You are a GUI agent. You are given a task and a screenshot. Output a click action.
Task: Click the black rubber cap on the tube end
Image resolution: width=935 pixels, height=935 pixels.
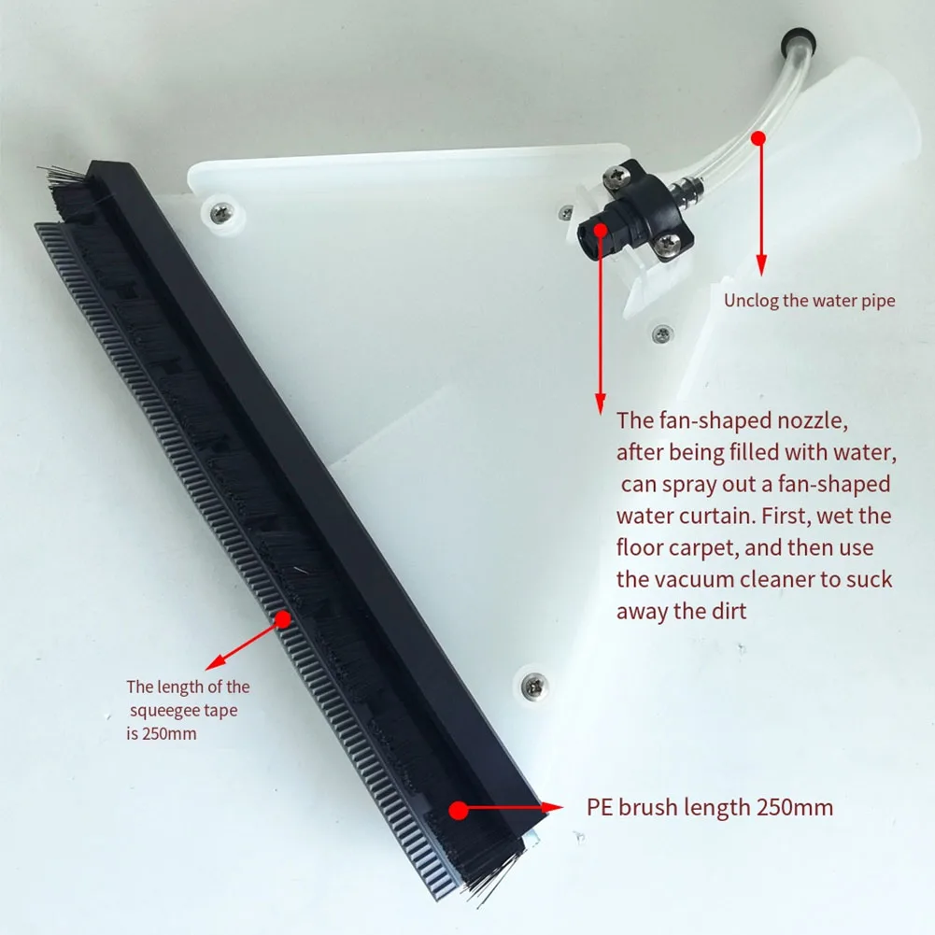point(798,40)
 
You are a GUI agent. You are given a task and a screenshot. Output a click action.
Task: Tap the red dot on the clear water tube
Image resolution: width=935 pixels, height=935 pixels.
point(758,138)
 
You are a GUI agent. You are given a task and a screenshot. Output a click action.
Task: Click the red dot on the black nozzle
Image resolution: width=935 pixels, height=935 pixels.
point(601,230)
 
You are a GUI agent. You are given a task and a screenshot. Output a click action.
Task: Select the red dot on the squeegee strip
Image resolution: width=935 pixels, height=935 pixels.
point(283,619)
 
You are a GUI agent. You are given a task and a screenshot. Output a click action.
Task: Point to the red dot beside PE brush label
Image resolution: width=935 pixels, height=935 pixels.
point(458,810)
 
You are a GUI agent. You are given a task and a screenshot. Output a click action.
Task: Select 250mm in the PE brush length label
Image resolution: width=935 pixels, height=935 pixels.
point(795,807)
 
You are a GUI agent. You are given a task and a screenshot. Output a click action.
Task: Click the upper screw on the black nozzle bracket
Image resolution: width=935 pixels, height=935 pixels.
point(615,176)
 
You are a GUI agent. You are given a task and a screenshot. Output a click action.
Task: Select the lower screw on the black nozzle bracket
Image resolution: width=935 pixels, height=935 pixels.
point(667,245)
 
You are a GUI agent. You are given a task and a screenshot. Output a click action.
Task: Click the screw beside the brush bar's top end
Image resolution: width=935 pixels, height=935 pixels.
point(221,212)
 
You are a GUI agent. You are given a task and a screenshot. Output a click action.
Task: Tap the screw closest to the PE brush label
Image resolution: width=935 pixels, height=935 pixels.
point(534,686)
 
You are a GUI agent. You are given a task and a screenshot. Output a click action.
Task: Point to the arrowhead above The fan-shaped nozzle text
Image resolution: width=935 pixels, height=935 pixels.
point(601,404)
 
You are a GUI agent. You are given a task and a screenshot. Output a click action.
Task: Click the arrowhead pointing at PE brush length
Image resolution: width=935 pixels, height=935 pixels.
point(552,808)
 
